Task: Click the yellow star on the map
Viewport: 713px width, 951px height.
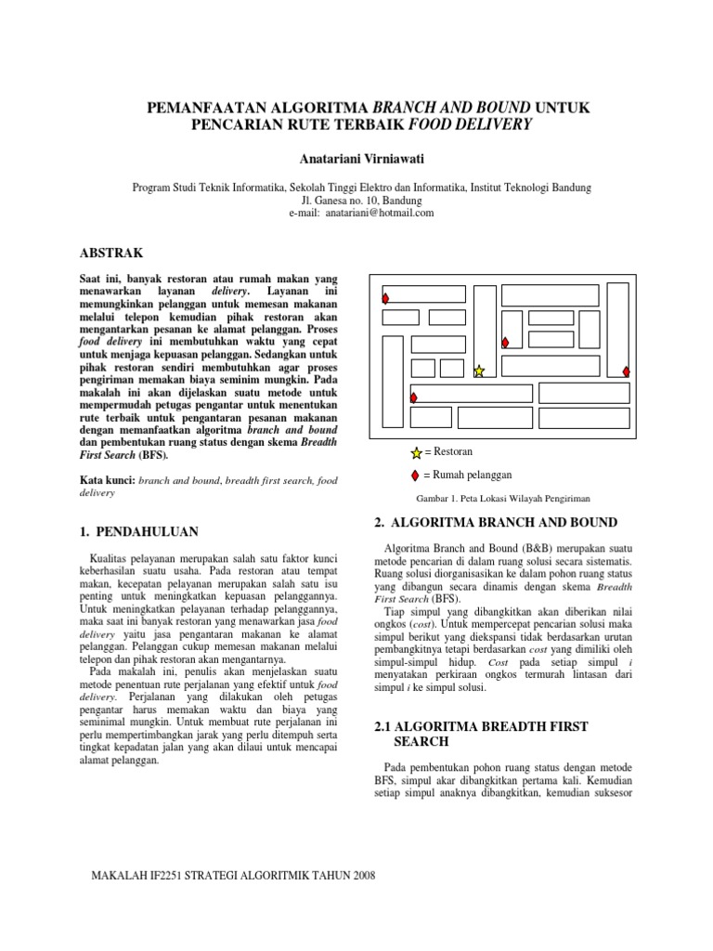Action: click(x=479, y=371)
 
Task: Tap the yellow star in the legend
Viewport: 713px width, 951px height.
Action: click(x=415, y=452)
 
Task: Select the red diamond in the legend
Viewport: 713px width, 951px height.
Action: click(x=415, y=475)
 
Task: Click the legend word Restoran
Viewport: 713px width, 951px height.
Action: click(x=452, y=451)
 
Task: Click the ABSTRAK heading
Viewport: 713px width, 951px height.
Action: click(x=112, y=253)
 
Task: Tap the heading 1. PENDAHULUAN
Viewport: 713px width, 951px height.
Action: click(x=136, y=531)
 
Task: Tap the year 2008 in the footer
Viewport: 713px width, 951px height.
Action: click(x=358, y=877)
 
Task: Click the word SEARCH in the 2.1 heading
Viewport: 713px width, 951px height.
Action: click(x=422, y=742)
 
